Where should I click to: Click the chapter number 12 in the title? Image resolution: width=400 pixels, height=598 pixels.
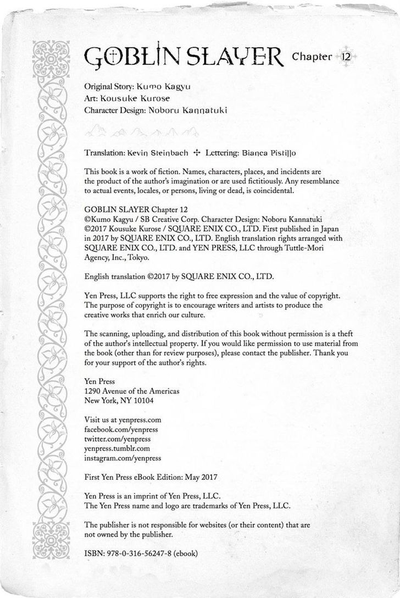click(x=346, y=57)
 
